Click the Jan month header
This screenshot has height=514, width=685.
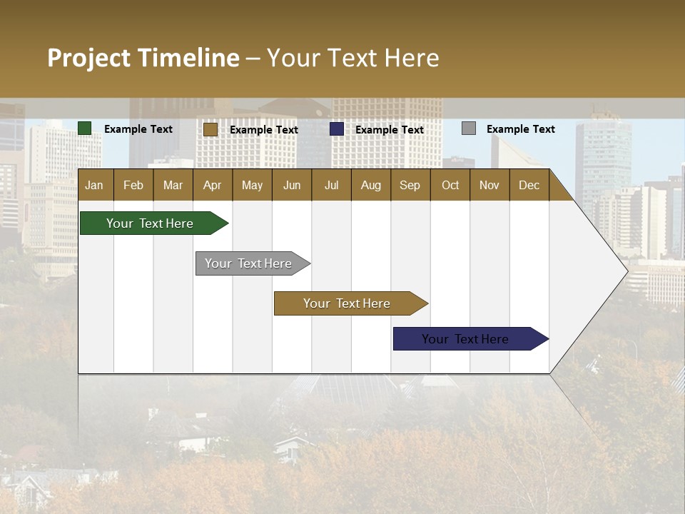point(95,185)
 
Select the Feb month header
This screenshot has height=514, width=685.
point(133,185)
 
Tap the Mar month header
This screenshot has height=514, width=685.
point(173,185)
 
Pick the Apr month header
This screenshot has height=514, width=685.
point(213,185)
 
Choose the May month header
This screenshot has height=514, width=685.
point(252,185)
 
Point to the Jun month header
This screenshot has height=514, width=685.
point(292,185)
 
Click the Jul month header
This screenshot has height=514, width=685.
point(331,185)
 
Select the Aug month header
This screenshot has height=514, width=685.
point(371,185)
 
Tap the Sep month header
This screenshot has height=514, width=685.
point(410,185)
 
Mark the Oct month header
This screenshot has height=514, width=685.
point(450,185)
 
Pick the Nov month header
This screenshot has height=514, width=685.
point(489,185)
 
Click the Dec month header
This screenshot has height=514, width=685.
point(529,185)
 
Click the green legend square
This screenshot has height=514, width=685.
point(85,128)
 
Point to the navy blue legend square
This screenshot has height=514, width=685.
point(337,128)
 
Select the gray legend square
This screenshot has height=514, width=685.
point(469,128)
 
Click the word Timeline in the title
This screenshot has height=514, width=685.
point(188,58)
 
